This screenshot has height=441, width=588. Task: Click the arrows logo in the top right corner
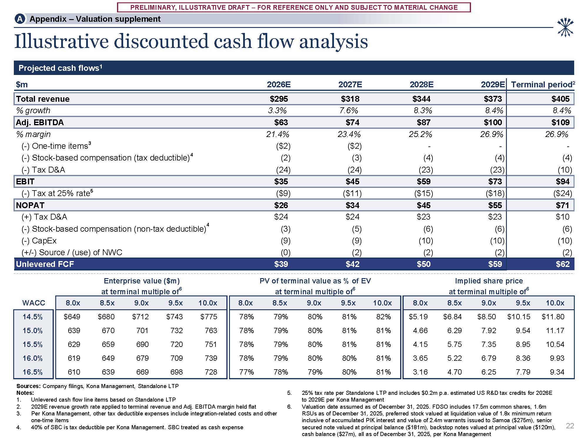[565, 28]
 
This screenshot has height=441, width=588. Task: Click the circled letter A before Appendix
[20, 19]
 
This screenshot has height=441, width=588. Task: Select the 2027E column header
[350, 85]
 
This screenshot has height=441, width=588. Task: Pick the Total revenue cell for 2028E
[421, 99]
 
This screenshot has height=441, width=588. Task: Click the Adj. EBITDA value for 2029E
[493, 123]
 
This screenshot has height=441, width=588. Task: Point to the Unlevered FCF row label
[45, 264]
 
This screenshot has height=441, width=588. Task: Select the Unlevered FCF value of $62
[562, 264]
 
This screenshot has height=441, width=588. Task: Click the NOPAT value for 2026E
[281, 205]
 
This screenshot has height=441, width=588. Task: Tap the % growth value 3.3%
[277, 111]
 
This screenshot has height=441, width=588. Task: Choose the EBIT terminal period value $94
[562, 182]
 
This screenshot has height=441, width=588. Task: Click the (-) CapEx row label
[39, 241]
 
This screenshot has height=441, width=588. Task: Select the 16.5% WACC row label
[33, 372]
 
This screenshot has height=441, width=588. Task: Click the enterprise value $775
[208, 317]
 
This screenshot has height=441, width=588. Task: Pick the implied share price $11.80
[553, 317]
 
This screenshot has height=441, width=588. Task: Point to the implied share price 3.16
[420, 372]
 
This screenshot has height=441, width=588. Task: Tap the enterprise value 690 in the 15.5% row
[142, 345]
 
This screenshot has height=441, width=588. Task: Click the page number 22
[570, 426]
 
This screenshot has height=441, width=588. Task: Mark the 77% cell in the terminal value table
[246, 372]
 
